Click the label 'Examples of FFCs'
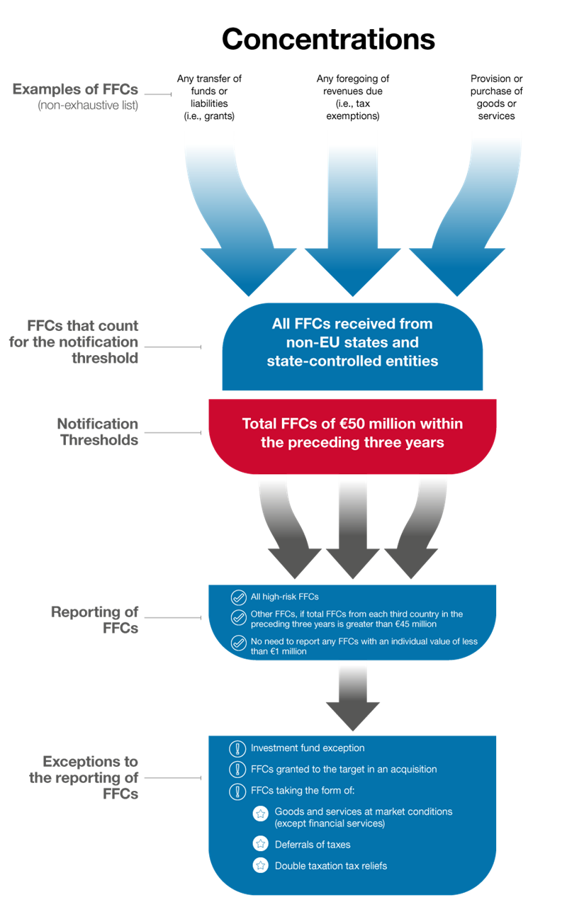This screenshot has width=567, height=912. (x=75, y=90)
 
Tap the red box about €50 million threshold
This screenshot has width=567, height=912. (x=352, y=434)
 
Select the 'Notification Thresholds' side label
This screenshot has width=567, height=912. (x=98, y=432)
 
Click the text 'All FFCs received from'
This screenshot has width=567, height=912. (x=352, y=324)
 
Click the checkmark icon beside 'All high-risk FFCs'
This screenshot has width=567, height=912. (x=238, y=597)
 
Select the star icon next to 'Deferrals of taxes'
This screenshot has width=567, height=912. (x=260, y=844)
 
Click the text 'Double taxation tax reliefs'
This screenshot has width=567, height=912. (x=331, y=865)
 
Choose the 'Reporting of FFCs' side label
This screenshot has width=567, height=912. (x=94, y=619)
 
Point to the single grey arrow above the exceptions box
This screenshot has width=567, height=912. (x=353, y=698)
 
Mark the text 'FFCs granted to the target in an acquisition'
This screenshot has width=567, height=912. (x=344, y=770)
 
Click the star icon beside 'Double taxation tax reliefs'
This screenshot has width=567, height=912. (x=260, y=865)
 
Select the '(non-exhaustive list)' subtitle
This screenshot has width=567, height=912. (x=88, y=106)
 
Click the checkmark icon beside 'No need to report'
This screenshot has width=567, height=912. (x=238, y=643)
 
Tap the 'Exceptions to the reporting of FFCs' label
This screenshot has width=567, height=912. (x=84, y=777)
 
